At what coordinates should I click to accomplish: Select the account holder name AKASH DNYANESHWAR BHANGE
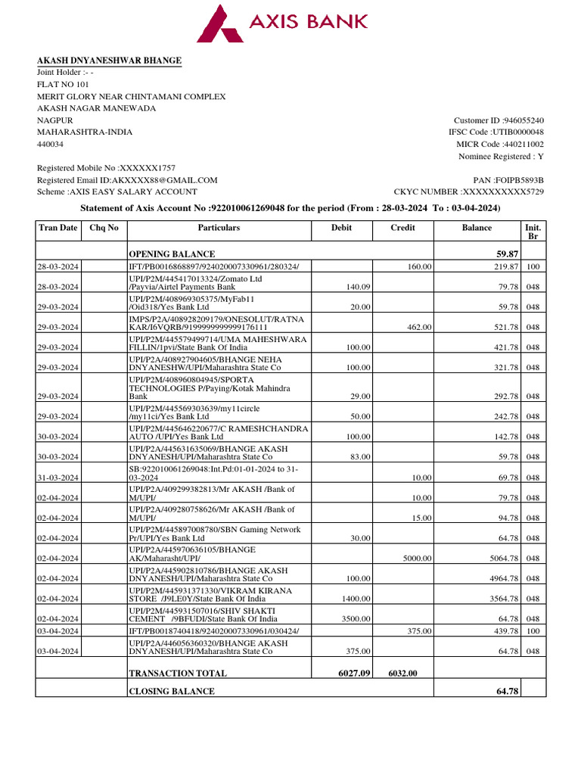pos(110,61)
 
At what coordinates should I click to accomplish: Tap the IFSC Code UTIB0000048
pos(518,132)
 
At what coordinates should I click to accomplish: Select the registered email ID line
pos(127,180)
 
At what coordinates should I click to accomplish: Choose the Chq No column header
pos(104,228)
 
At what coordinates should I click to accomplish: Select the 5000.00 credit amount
pos(415,559)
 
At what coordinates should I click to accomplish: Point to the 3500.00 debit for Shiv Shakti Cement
pos(355,619)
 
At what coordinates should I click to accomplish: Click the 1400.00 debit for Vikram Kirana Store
pos(355,599)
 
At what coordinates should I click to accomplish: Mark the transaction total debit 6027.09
pos(353,673)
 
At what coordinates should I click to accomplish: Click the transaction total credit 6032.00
pos(402,673)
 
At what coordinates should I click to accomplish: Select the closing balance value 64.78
pos(505,691)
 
